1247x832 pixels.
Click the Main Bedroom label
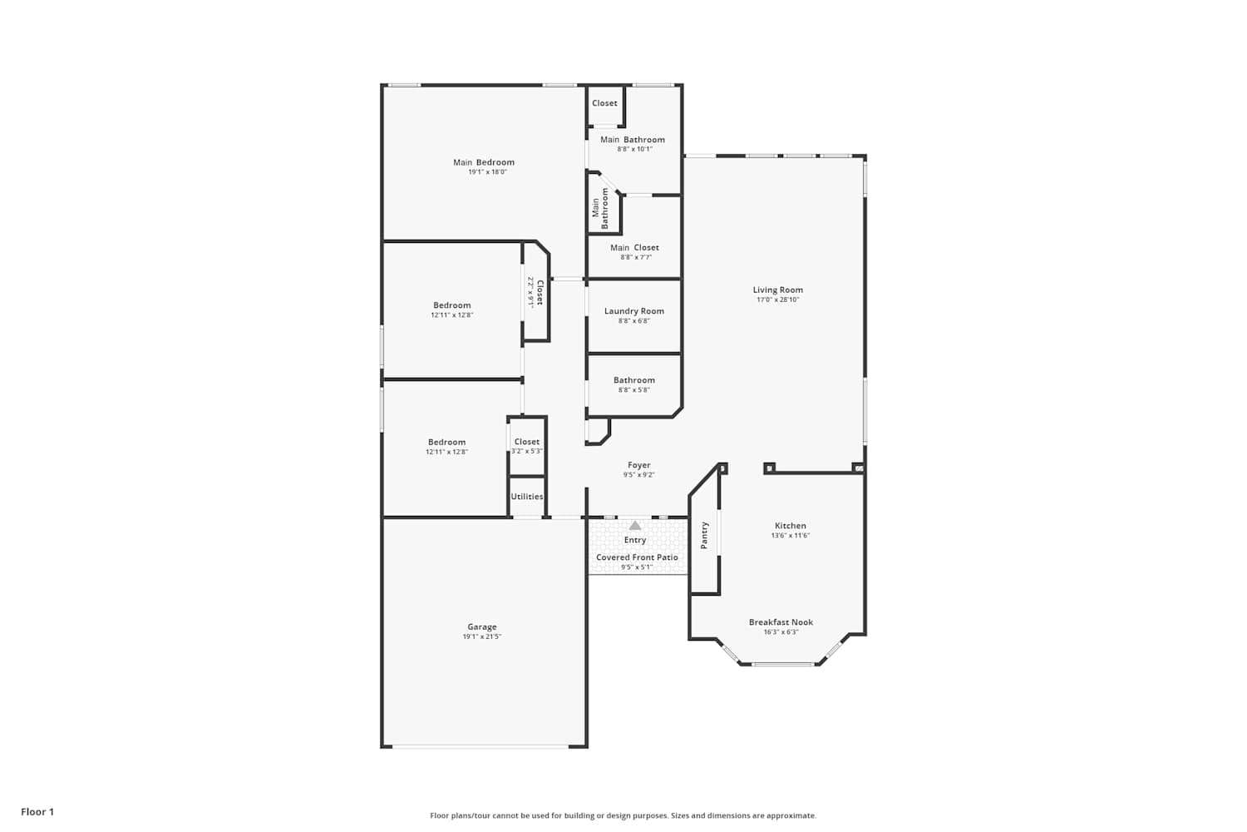(484, 162)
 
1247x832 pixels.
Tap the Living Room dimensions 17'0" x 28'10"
(777, 300)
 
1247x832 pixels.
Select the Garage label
(482, 627)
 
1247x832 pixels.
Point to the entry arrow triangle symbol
(635, 526)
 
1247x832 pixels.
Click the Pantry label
(704, 536)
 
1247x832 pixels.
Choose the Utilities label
(527, 497)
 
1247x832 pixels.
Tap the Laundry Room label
(634, 311)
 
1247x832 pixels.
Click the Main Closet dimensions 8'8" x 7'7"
(636, 257)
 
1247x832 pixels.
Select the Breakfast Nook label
(781, 622)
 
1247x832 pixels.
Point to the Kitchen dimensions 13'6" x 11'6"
(790, 536)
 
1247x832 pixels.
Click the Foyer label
(639, 465)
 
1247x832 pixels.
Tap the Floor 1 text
(37, 812)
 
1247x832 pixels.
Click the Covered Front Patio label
(637, 557)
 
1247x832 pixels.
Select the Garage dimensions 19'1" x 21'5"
(482, 636)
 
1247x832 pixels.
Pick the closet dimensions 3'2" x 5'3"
(526, 452)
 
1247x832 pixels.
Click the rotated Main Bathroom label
(600, 208)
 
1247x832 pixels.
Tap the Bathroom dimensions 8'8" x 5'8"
(634, 389)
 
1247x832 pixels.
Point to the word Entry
(635, 540)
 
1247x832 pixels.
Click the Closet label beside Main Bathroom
(604, 103)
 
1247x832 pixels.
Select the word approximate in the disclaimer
(791, 815)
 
